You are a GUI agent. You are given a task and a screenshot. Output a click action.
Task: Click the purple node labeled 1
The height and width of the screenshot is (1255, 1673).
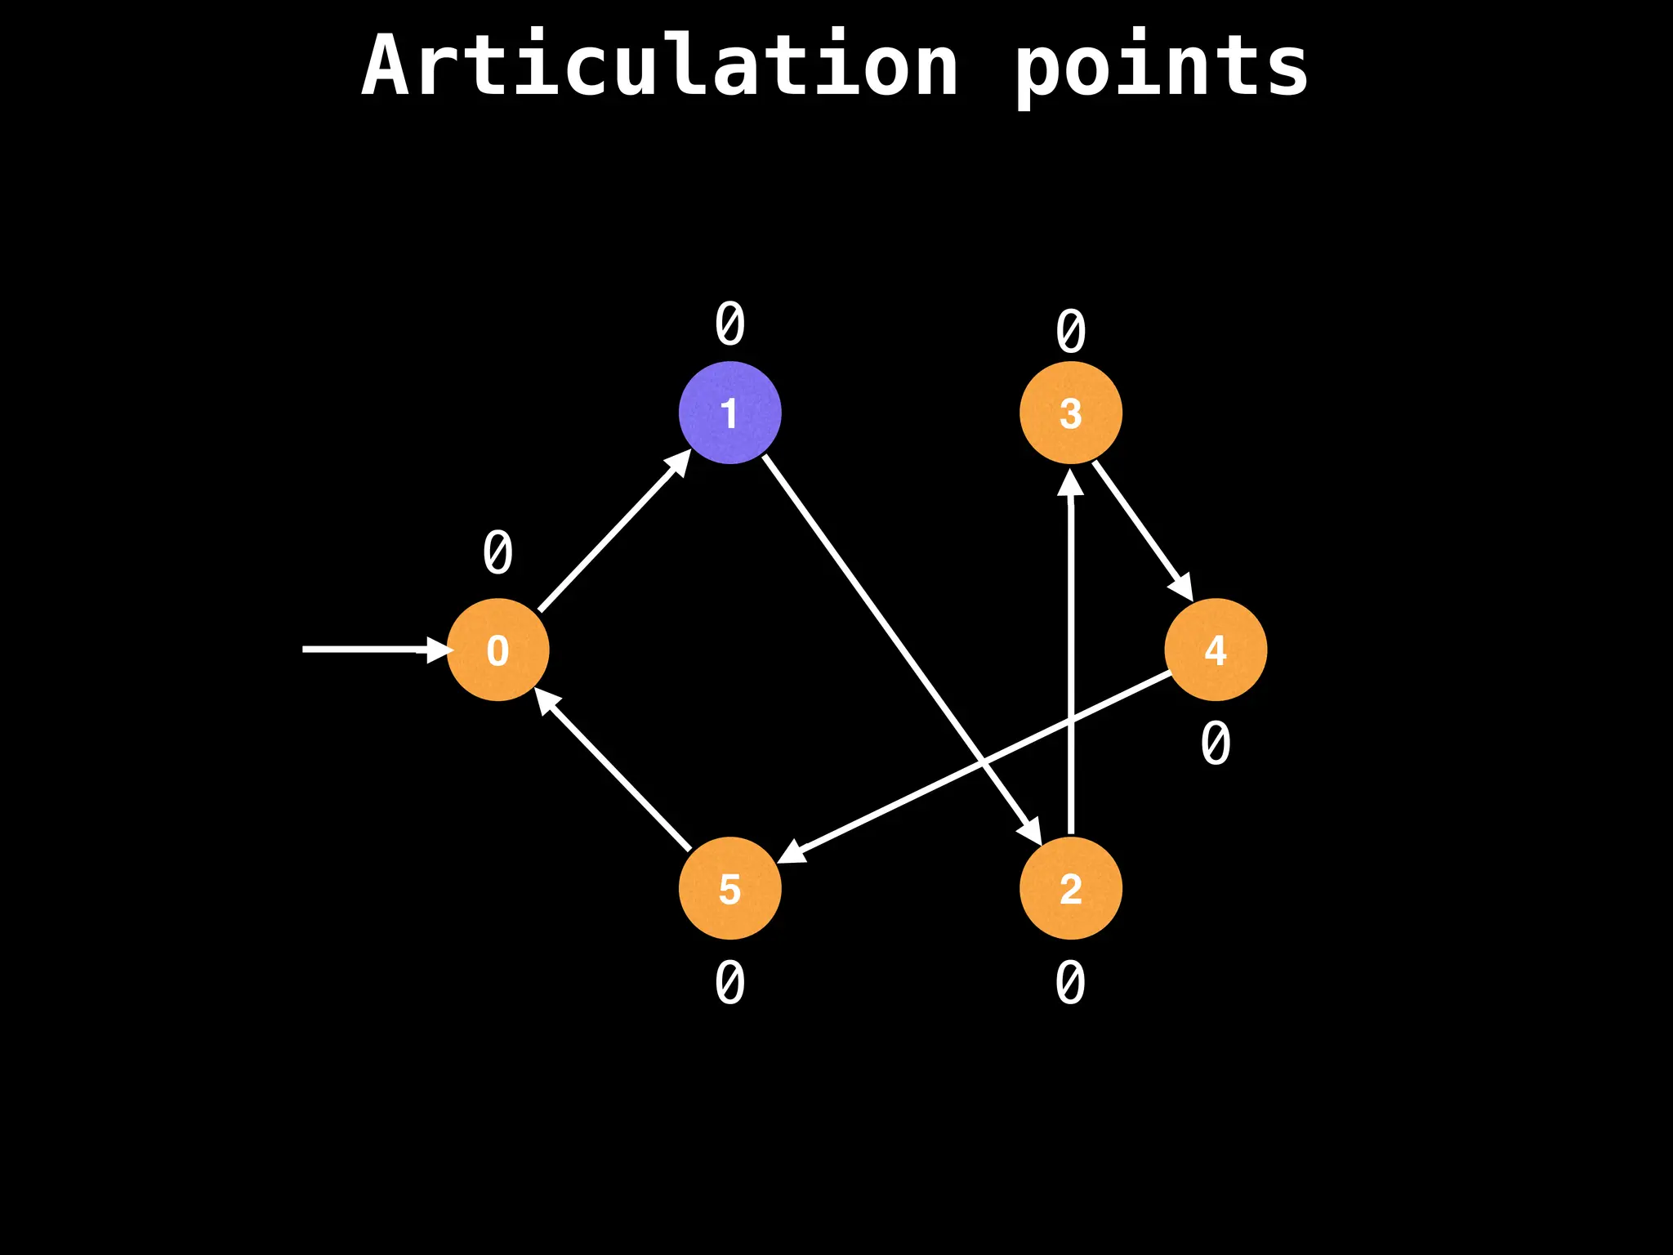729,413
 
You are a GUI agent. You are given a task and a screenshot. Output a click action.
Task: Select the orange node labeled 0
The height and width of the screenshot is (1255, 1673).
497,650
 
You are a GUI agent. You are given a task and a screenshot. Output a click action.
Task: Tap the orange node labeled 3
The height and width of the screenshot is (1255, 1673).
1070,413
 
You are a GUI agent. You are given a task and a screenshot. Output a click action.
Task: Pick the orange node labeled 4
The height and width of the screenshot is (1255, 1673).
1216,650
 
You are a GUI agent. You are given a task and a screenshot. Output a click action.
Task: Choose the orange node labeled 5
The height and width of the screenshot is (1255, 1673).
729,888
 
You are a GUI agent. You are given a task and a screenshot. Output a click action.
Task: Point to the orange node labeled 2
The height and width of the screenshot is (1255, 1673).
1070,888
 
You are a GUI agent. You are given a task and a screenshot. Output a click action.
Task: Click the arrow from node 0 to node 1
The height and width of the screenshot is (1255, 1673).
613,531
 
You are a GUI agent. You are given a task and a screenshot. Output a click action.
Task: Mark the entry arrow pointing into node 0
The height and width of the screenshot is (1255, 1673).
368,650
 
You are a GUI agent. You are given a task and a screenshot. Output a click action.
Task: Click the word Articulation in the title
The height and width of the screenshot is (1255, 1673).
660,65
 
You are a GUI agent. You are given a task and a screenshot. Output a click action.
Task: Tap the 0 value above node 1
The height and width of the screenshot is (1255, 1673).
729,324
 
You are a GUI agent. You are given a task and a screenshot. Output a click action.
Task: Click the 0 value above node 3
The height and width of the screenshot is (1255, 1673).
1070,332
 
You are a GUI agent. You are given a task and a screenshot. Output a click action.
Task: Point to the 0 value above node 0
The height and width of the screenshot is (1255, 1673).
497,553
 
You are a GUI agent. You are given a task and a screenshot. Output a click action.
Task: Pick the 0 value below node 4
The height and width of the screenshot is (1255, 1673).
1216,744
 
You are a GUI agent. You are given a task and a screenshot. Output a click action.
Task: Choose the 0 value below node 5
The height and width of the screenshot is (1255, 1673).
729,983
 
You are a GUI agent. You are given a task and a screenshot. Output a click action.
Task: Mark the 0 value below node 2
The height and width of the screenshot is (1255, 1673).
1070,983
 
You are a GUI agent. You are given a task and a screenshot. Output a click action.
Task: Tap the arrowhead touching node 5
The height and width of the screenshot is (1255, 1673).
791,852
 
